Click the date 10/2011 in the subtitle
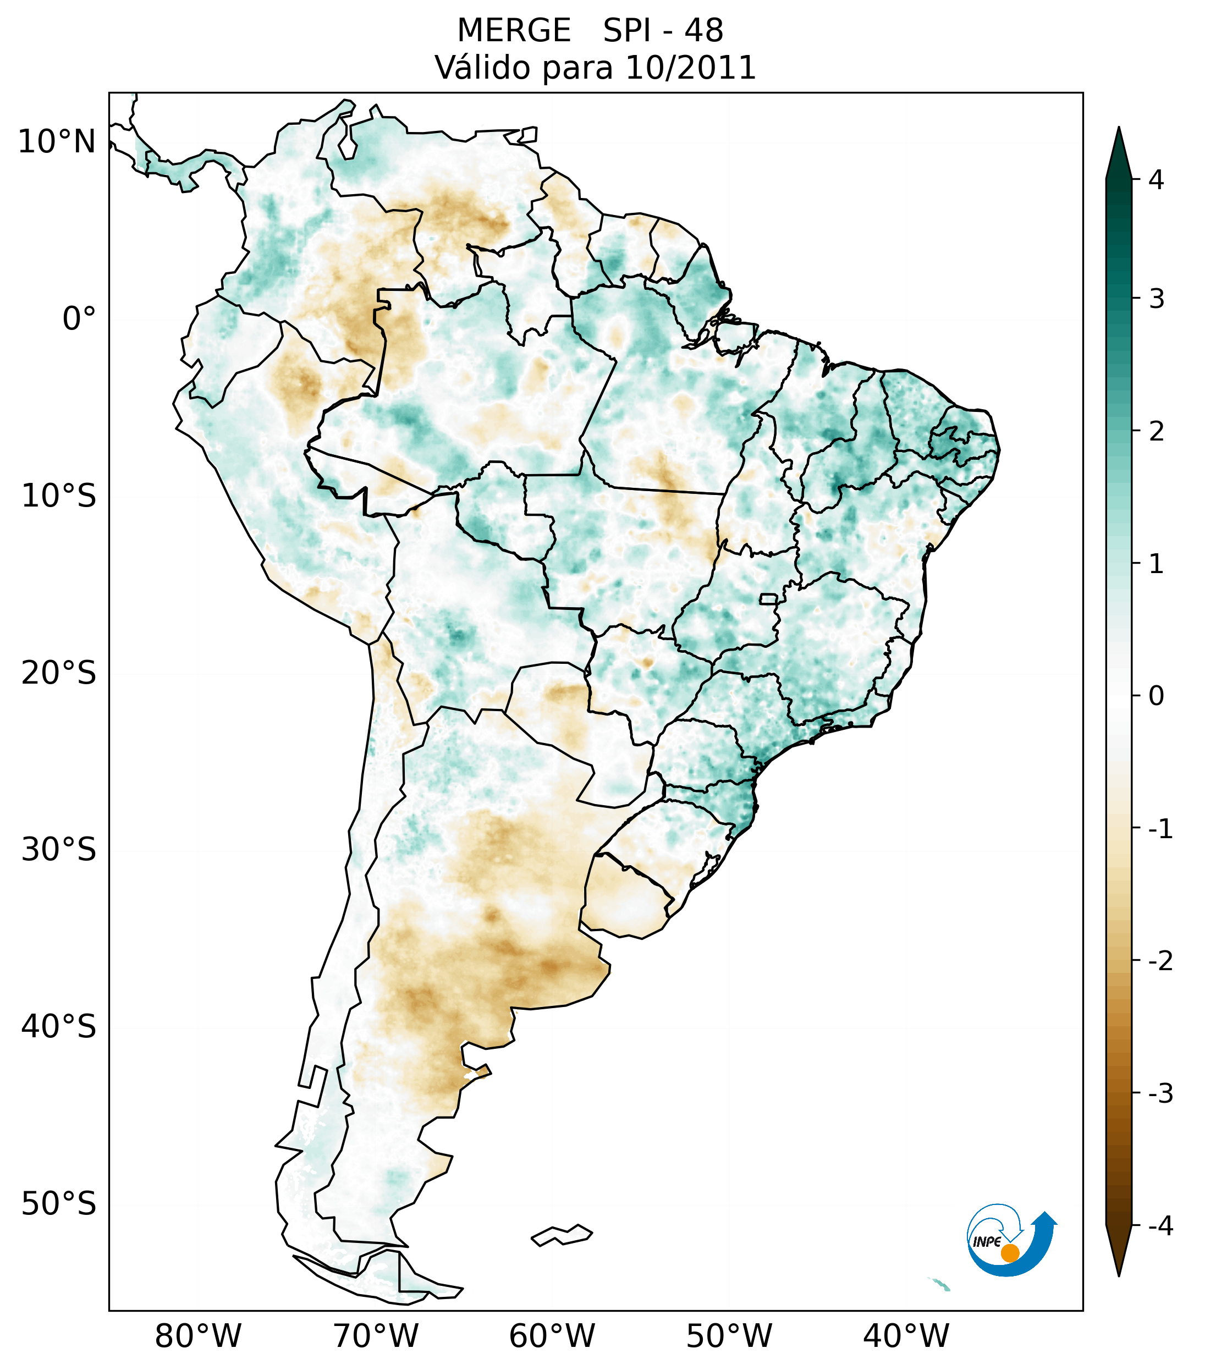(x=690, y=68)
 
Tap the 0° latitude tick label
(x=79, y=319)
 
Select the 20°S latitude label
(x=59, y=673)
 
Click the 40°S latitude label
(x=59, y=1027)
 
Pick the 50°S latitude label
(x=59, y=1204)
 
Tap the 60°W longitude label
(x=552, y=1336)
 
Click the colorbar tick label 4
(x=1156, y=180)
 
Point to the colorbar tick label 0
(x=1156, y=696)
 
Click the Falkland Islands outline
(x=562, y=1235)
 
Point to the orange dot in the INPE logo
(x=1010, y=1253)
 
